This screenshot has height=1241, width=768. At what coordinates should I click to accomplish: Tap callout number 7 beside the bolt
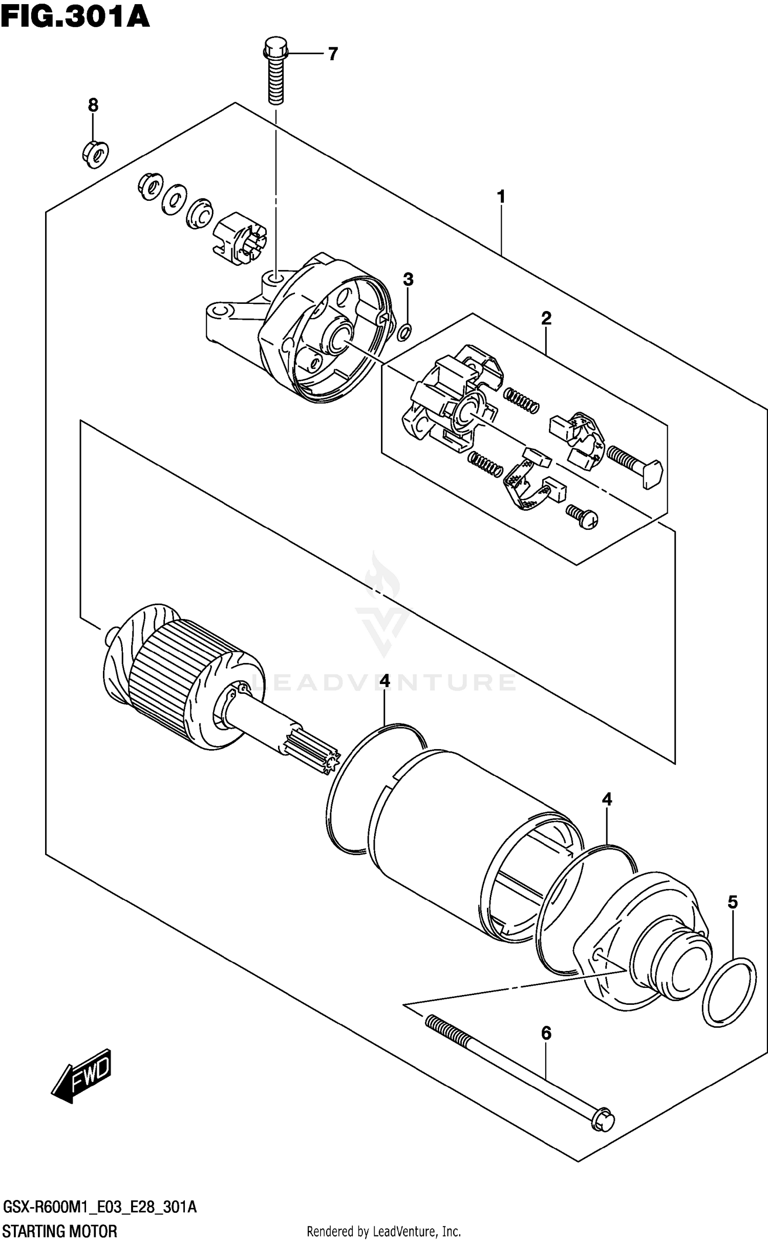coord(333,53)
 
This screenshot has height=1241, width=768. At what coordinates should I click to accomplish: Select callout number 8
coord(93,105)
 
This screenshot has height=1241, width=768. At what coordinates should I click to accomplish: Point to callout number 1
coord(501,196)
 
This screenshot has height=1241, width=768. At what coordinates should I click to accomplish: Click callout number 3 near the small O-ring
coord(408,279)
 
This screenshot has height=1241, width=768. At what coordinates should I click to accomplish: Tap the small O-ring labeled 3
coord(404,333)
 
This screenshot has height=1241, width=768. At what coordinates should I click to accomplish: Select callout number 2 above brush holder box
coord(546,318)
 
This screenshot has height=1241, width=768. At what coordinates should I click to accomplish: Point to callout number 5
coord(733,917)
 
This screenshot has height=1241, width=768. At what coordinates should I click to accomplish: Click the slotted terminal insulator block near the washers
coord(239,238)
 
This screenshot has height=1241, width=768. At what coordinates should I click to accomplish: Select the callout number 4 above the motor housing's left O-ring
coord(385,681)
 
